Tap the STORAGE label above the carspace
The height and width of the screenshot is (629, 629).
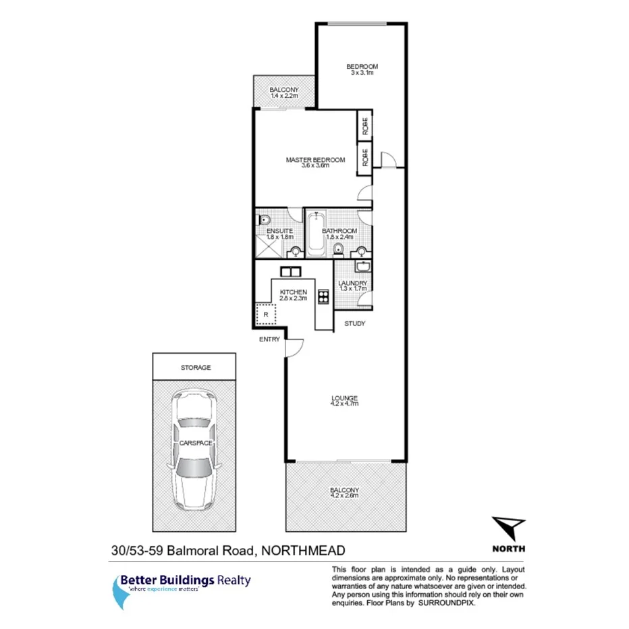coord(196,368)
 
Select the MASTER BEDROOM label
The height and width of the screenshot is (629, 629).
coord(315,160)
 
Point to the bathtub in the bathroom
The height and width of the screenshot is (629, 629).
coord(316,235)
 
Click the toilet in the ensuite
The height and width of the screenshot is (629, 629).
coord(264,220)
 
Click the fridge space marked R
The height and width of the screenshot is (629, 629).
coord(267,313)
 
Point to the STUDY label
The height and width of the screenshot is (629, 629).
coord(354,324)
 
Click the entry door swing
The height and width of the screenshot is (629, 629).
coord(291,347)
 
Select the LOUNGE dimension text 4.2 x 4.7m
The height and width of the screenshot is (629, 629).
coord(344,404)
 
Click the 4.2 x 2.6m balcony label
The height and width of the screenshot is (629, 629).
coord(344,495)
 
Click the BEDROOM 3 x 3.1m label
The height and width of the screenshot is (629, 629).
coord(362,70)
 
